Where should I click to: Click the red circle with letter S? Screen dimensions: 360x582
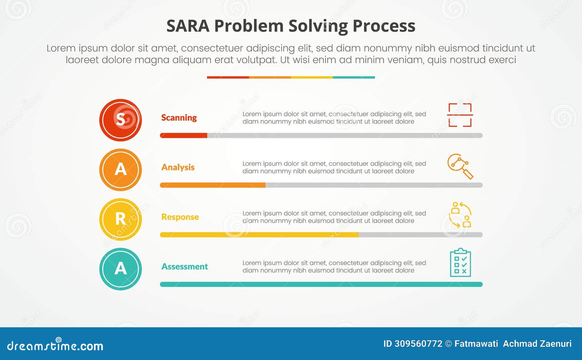coord(120,120)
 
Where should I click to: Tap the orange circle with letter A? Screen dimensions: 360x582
coord(120,170)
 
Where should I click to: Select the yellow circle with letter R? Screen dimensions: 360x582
coord(120,219)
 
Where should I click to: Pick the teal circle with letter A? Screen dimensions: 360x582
coord(120,269)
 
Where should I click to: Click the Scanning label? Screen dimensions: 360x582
coord(179,118)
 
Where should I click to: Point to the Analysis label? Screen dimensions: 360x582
coord(178,167)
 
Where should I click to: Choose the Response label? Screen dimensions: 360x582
coord(180,217)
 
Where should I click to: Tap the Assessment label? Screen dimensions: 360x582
coord(185,267)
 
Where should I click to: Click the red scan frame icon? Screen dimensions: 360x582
coord(460,115)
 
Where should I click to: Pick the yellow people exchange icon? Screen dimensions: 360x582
coord(460,215)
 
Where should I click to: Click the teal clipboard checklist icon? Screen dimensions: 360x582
coord(461,263)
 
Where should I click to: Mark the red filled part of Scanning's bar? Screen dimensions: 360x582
coord(184,136)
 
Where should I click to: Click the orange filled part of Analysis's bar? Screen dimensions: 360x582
coord(213,185)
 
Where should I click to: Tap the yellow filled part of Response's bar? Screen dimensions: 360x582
coord(259,235)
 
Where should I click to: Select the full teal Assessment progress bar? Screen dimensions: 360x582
coord(321,284)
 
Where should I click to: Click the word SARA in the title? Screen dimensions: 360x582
coord(188,26)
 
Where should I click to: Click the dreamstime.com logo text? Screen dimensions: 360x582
coord(55,346)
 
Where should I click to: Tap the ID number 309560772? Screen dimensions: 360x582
coord(418,344)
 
